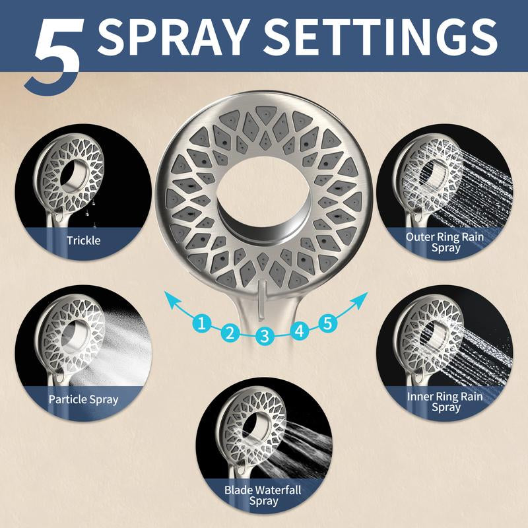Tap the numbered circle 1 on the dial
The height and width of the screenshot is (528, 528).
coord(202,323)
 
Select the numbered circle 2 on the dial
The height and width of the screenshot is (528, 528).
coord(230,333)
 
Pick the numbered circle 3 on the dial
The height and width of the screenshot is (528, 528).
coord(265,336)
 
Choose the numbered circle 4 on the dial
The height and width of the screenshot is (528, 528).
coord(300,331)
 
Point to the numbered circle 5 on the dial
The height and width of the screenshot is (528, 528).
coord(327,323)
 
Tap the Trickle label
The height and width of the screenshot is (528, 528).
coord(84,240)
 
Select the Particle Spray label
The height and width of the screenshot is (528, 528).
coord(84,399)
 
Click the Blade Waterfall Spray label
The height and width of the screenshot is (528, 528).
coord(263,496)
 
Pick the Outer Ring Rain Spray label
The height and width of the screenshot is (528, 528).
coord(445,242)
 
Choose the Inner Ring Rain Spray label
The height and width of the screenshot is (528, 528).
coord(445,402)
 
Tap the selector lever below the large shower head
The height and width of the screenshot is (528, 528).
coord(263,301)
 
